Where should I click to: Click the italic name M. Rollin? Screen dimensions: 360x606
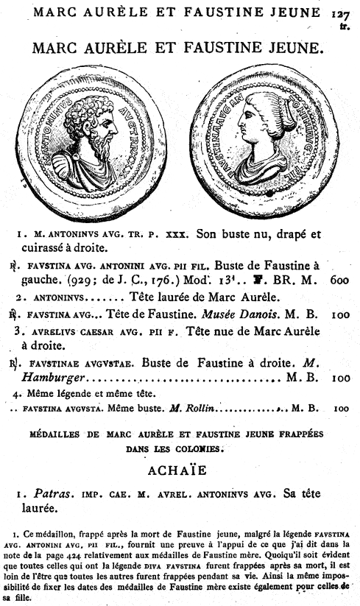pos(189,408)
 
